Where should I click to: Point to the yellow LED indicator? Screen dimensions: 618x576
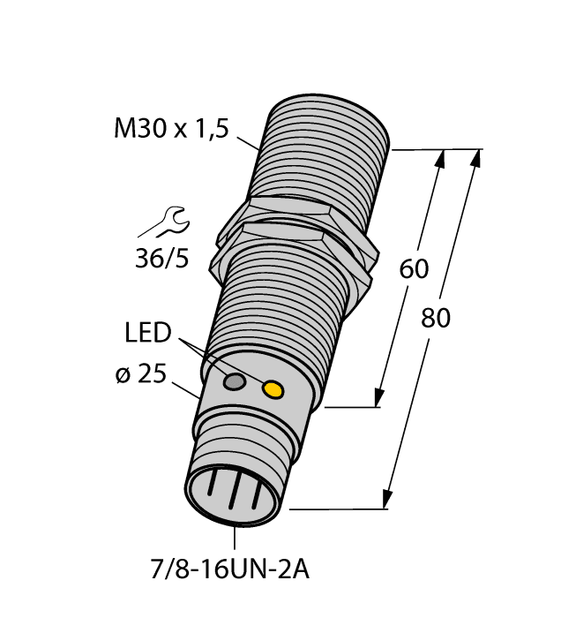274,389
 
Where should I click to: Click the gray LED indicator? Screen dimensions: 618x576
235,382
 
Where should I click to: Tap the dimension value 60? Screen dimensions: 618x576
415,270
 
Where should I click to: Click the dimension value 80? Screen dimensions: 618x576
435,318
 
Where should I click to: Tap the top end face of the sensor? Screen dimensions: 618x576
328,105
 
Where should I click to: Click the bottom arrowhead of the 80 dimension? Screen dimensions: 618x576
386,499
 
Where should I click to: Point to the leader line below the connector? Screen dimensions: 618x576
236,539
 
